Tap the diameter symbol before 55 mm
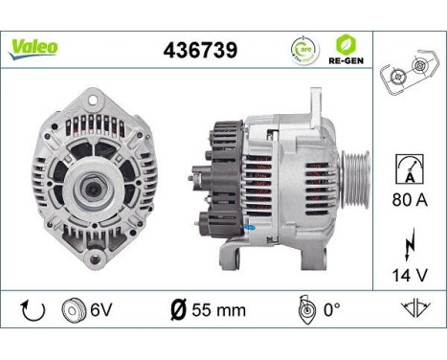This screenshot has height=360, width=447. click(x=178, y=310)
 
